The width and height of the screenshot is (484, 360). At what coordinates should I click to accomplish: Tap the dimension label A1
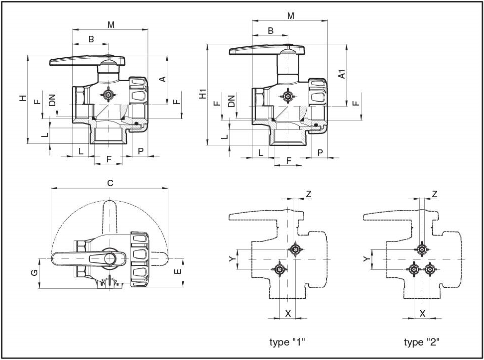tap(342, 74)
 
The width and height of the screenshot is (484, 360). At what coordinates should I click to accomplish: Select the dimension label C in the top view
tap(110, 183)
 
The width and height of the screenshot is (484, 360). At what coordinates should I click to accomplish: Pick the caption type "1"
tap(287, 342)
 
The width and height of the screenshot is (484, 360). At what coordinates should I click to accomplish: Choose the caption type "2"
tap(421, 342)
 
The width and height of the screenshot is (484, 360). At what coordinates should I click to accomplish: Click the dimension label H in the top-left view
tap(22, 98)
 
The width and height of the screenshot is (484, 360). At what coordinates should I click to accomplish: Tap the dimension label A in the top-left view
tap(162, 79)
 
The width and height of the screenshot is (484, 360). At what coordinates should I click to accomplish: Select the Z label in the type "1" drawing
tap(309, 194)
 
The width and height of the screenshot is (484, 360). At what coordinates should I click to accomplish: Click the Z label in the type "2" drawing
tap(435, 194)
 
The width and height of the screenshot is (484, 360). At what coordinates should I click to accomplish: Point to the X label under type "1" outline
tap(287, 313)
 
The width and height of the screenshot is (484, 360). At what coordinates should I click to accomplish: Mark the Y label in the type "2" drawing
tap(366, 259)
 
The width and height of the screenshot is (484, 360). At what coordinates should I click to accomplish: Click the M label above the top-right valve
tap(291, 15)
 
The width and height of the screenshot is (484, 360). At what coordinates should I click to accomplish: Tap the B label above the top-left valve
tap(91, 39)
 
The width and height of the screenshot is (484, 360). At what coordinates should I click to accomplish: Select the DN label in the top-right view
tap(231, 101)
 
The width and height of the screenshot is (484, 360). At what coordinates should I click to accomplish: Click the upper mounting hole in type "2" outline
tap(422, 249)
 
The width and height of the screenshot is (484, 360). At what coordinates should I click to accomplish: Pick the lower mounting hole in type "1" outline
tap(280, 270)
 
